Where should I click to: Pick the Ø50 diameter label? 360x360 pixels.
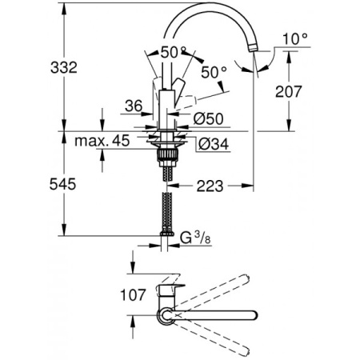pyautogui.click(x=210, y=118)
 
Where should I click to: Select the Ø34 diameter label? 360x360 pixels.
pyautogui.click(x=210, y=144)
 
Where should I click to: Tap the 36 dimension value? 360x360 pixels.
pyautogui.click(x=134, y=104)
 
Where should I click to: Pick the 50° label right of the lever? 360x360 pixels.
pyautogui.click(x=214, y=71)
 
